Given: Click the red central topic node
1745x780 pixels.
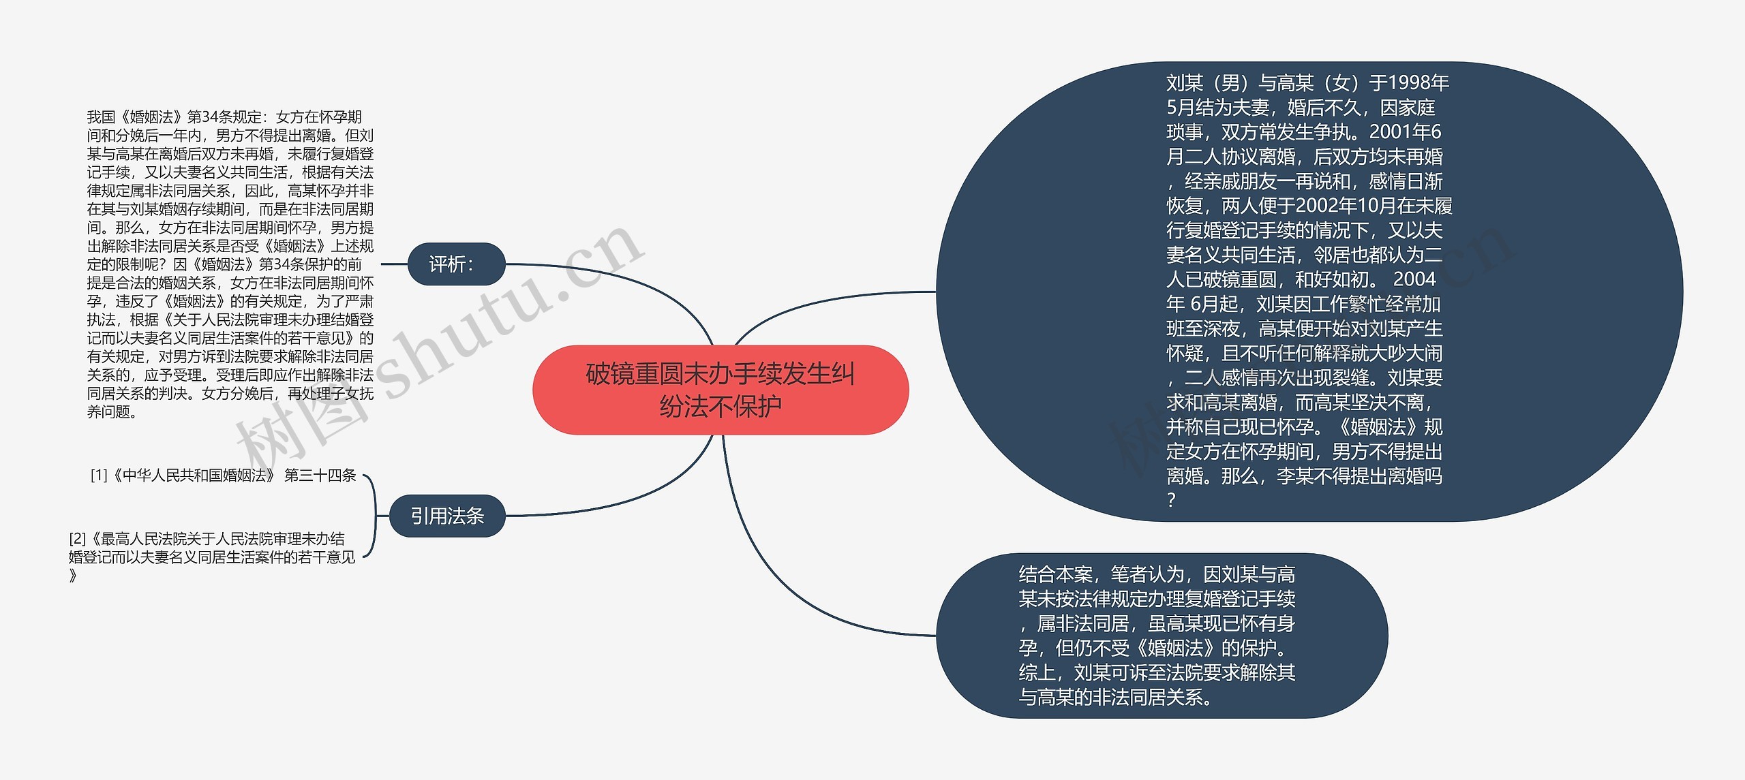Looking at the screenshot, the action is point(720,390).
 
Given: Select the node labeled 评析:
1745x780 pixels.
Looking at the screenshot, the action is point(456,264).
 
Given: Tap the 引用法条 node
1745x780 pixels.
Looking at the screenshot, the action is point(447,516).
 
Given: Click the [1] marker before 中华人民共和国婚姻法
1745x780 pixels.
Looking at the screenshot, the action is point(99,475).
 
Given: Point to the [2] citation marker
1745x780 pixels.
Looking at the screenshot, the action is point(77,539).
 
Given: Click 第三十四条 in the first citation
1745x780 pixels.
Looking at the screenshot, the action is point(320,475).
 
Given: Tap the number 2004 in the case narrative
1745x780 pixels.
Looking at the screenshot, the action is point(1414,279).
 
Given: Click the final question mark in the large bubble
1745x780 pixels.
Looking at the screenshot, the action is point(1171,500).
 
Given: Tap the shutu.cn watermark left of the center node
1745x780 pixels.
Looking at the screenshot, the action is point(477,327).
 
